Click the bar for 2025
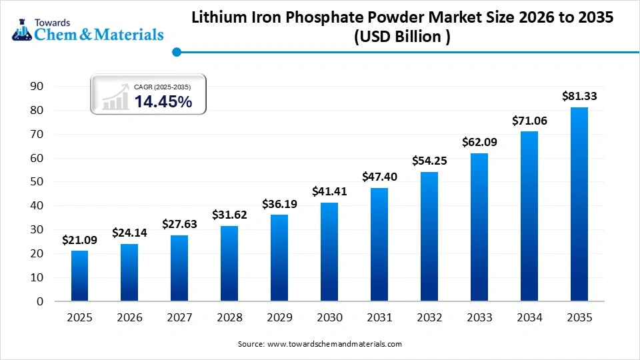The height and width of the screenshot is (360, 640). (79, 275)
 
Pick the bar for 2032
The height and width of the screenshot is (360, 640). (429, 236)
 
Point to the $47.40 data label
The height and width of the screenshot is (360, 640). (379, 177)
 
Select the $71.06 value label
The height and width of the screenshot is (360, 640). (529, 121)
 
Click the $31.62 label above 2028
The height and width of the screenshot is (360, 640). (229, 215)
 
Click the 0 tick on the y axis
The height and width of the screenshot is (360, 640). (40, 301)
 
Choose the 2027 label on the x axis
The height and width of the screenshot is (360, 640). (179, 318)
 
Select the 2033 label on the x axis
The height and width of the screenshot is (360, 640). (479, 318)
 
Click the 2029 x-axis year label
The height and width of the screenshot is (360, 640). (279, 318)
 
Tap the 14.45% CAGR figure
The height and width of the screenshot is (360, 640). (163, 101)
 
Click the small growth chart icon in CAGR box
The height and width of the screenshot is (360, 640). (115, 97)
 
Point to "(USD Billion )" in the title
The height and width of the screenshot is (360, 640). (402, 37)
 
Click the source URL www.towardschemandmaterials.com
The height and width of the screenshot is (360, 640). (334, 344)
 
